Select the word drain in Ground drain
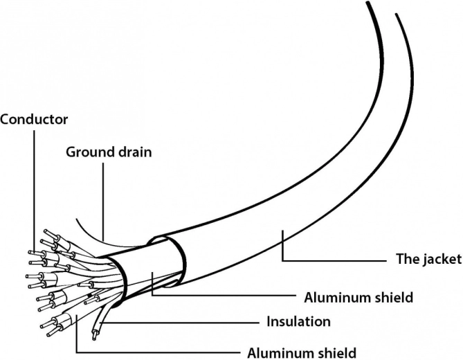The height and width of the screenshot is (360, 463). pyautogui.click(x=134, y=152)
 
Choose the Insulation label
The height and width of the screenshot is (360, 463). pyautogui.click(x=298, y=321)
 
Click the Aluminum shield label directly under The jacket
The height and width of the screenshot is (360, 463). pyautogui.click(x=358, y=298)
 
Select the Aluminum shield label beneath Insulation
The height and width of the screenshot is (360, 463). pyautogui.click(x=302, y=352)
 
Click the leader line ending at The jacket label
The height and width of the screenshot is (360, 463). pyautogui.click(x=332, y=260)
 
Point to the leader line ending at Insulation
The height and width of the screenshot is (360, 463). pyautogui.click(x=180, y=322)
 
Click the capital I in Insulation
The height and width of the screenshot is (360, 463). pyautogui.click(x=269, y=321)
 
